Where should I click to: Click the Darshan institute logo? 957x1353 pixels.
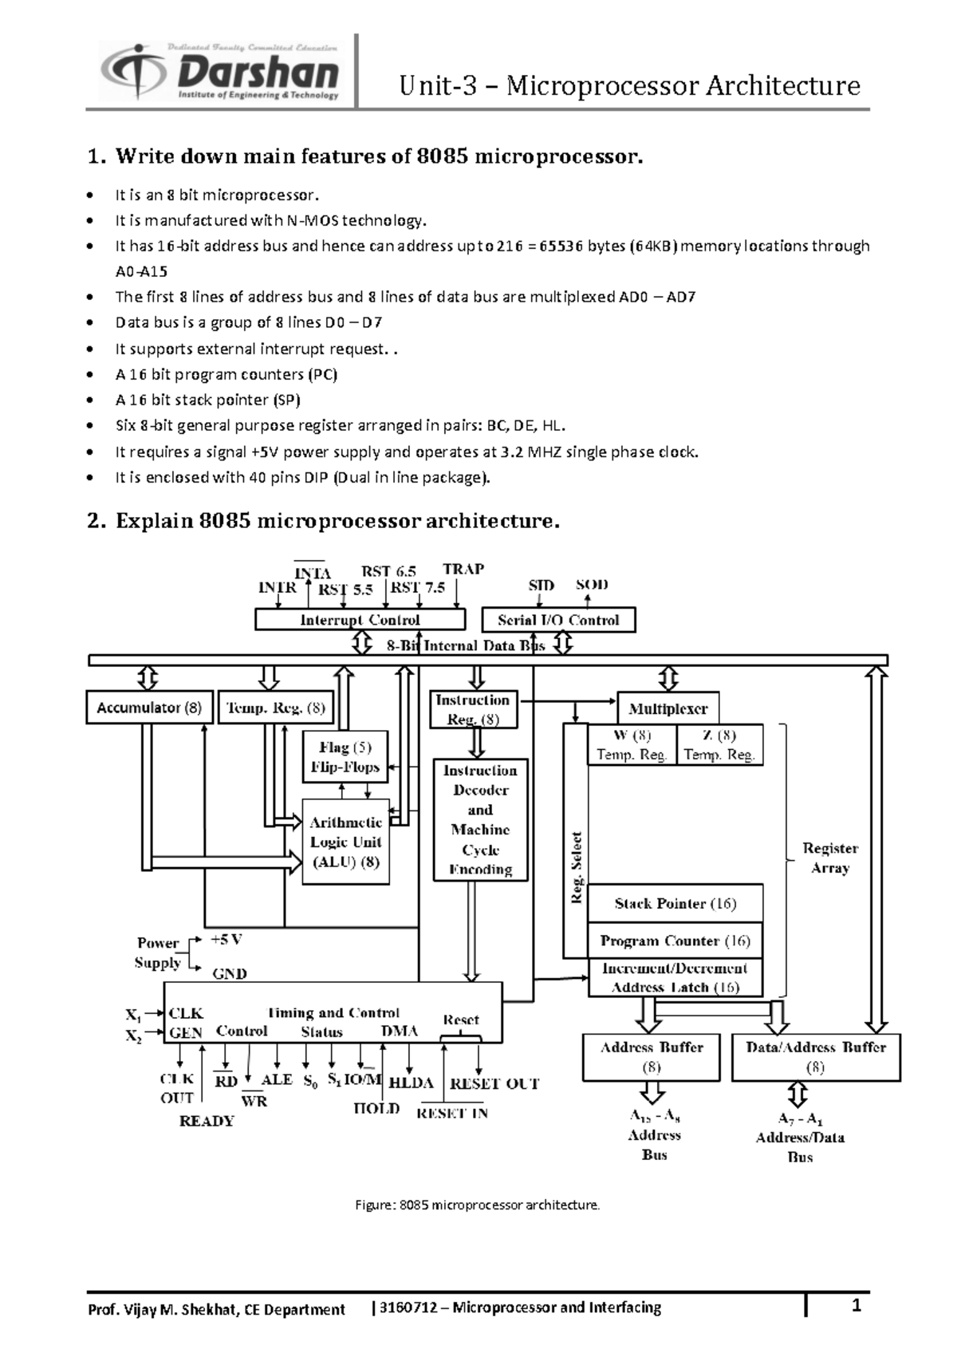coord(220,72)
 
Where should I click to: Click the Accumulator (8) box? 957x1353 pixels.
coord(149,707)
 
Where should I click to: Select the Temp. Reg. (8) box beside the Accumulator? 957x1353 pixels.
coord(275,708)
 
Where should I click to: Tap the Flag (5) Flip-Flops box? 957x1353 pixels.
coord(345,757)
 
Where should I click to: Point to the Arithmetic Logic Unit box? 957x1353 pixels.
coord(345,842)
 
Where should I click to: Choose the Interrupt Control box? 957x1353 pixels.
coord(360,620)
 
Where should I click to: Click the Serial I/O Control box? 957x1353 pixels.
coord(558,620)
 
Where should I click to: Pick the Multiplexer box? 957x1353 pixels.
coord(668,708)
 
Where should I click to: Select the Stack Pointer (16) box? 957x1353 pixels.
coord(675,904)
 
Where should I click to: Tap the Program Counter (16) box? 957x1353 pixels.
coord(675,941)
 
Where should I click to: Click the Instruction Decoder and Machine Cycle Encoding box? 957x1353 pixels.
coord(481,819)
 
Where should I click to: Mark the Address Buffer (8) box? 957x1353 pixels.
coord(652,1057)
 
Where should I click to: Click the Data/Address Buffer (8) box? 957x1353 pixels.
coord(816,1057)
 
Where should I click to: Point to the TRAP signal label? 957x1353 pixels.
coord(463,569)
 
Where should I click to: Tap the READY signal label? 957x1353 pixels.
coord(207,1121)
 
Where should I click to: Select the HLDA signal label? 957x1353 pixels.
coord(411,1083)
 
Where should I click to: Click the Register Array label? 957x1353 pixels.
coord(830,858)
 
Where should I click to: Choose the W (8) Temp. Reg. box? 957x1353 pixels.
coord(632,745)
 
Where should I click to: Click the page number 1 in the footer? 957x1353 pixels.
coord(856,1306)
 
